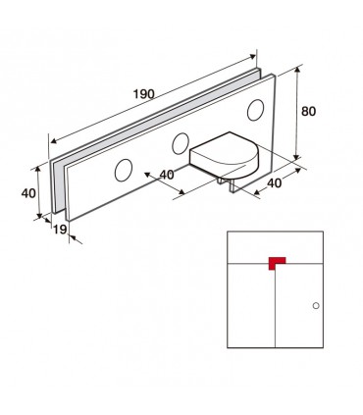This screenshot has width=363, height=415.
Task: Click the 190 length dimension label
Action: (143, 94)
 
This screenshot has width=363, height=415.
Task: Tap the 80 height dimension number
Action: (308, 112)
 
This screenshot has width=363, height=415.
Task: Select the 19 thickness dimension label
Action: (60, 230)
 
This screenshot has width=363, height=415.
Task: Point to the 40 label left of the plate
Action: (28, 193)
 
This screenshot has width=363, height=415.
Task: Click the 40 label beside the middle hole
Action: (167, 175)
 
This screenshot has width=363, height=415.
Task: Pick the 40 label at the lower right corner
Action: (274, 183)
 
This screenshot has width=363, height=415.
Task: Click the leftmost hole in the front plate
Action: (124, 170)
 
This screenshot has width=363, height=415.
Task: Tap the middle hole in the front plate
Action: (181, 143)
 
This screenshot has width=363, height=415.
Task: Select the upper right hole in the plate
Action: (256, 110)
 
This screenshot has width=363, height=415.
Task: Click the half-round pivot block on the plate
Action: (225, 154)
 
